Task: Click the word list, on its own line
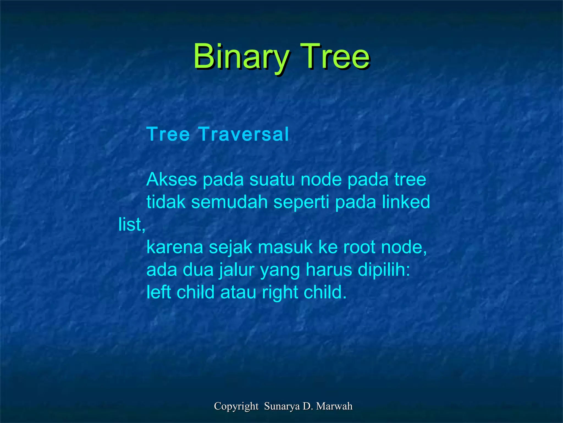click(x=132, y=224)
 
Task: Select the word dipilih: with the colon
click(x=384, y=270)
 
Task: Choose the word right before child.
click(x=280, y=293)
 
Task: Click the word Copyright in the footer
click(x=236, y=406)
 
